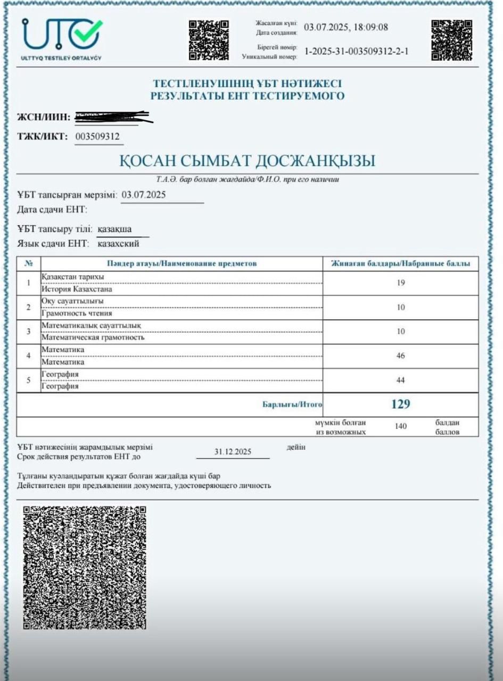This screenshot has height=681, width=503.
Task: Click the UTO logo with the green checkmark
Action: point(62,38)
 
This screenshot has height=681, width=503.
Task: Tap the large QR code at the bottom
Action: point(85,567)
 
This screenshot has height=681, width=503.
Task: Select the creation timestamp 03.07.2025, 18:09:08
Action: point(345,27)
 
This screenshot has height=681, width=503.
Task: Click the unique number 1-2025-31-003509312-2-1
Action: point(357,52)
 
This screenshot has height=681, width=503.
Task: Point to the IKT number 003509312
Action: point(98,137)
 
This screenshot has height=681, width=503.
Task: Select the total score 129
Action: point(400,404)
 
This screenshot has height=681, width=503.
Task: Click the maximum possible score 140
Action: point(401,426)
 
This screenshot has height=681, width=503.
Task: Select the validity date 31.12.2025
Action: point(233,452)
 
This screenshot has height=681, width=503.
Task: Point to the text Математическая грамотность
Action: point(93,337)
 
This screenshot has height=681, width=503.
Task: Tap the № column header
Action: point(29,263)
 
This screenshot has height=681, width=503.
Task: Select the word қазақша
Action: point(115,229)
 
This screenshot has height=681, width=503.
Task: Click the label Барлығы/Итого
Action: point(292,405)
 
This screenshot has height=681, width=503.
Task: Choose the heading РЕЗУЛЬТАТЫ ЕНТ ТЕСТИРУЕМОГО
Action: point(247,96)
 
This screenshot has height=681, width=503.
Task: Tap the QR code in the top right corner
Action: point(451,40)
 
